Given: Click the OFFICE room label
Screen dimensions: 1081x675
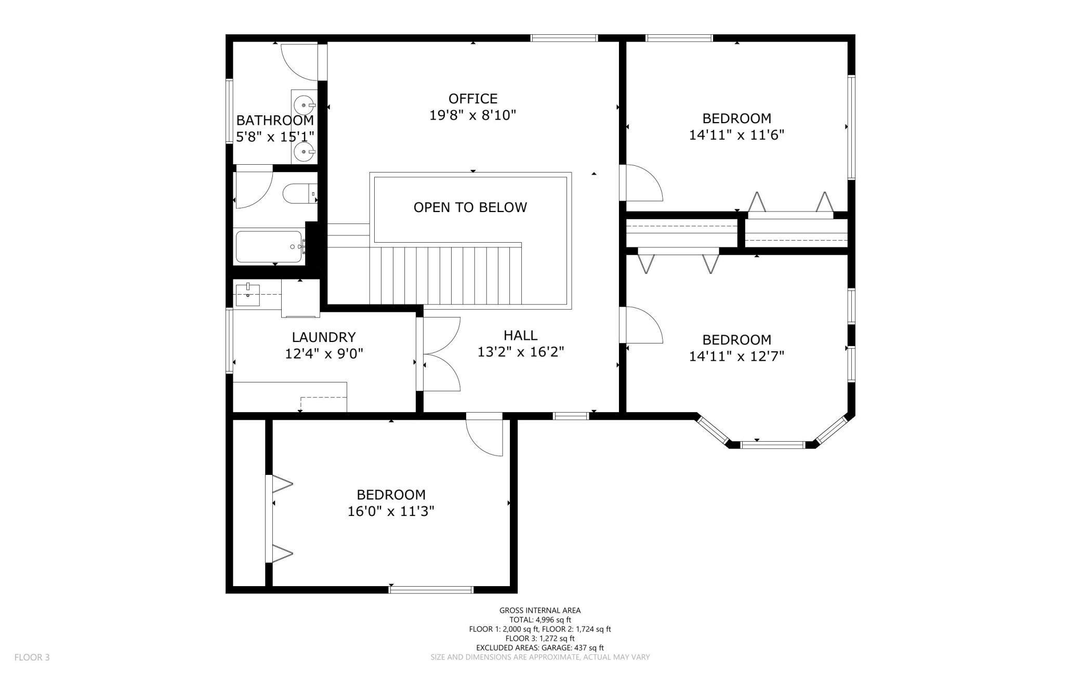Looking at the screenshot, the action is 473,99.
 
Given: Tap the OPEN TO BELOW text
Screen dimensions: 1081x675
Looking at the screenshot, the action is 470,207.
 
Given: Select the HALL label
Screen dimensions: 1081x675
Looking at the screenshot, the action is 520,335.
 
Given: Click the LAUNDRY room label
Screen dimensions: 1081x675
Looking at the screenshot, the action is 324,337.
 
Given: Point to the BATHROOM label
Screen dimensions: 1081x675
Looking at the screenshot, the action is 275,121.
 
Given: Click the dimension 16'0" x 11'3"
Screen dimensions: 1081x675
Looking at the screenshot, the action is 391,511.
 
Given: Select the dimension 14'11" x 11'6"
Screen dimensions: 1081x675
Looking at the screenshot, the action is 736,135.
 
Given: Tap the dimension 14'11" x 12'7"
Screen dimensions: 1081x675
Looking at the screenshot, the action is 736,356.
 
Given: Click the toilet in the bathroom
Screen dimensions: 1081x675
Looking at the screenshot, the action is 300,194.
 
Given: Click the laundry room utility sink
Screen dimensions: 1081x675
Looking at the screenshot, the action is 248,294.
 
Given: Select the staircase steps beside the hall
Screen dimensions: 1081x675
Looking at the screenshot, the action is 451,275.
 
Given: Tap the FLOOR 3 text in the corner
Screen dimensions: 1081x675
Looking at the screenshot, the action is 32,657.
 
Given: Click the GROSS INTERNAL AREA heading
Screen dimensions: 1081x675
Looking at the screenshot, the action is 540,611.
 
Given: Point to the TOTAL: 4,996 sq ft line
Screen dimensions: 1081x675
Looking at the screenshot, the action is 540,620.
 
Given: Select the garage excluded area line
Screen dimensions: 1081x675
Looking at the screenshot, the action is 540,648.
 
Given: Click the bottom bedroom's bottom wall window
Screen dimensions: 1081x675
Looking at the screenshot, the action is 431,590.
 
